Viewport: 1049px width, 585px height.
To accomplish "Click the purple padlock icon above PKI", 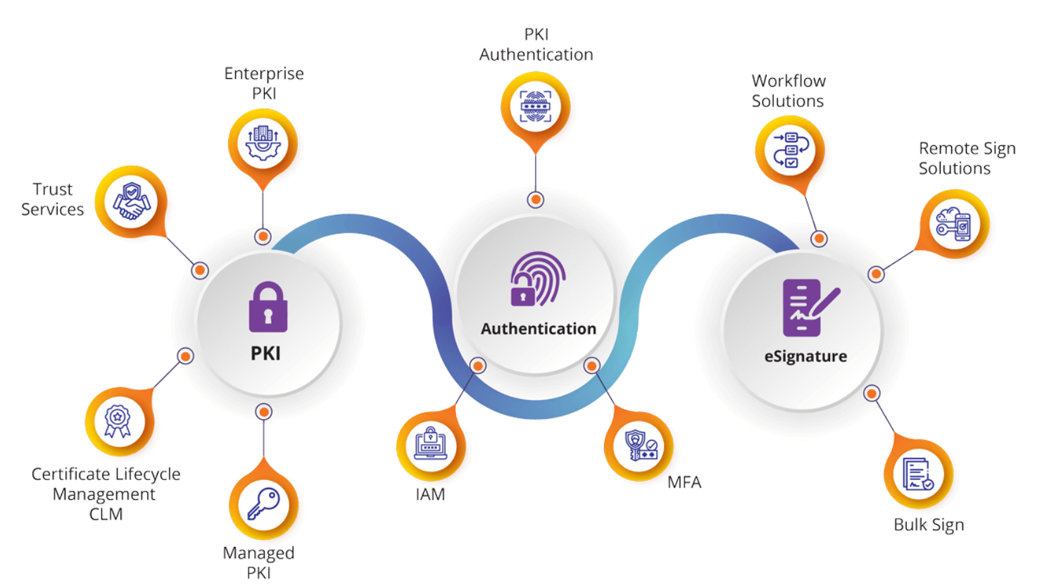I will tap(268, 307).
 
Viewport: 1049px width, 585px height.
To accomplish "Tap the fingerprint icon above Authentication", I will tap(538, 279).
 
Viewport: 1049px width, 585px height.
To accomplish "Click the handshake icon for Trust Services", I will tap(132, 201).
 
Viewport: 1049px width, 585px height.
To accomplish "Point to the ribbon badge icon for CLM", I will tap(118, 421).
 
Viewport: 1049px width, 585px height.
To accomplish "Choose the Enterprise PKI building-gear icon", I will tap(263, 143).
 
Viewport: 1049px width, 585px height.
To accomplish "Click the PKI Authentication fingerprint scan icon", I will tap(535, 106).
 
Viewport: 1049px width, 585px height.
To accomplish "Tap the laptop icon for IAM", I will tap(430, 444).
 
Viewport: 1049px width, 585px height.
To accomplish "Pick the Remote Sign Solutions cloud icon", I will tap(954, 224).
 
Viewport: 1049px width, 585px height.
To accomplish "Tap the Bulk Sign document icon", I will tap(918, 474).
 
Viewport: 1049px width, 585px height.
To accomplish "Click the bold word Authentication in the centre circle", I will tap(539, 329).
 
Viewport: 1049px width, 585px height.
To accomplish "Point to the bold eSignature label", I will tap(805, 356).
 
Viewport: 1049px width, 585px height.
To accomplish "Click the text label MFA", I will tap(684, 483).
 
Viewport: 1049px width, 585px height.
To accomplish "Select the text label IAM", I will tap(430, 495).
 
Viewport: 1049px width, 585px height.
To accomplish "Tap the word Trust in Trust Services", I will tap(53, 189).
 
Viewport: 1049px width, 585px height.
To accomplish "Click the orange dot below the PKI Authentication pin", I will tap(536, 200).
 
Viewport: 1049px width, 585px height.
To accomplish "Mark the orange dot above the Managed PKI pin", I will tap(264, 412).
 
